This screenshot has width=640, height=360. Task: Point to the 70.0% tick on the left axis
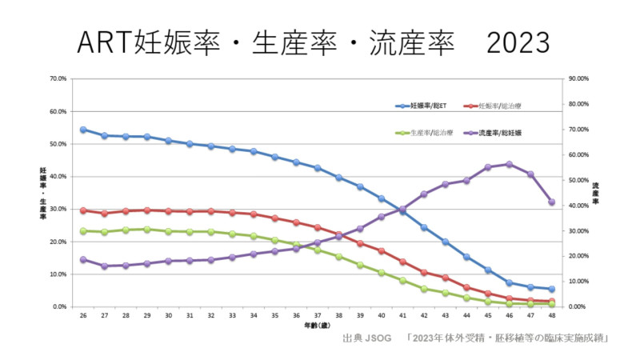(x=58, y=79)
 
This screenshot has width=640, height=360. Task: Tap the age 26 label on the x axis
(x=83, y=317)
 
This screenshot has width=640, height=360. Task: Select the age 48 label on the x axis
(x=552, y=317)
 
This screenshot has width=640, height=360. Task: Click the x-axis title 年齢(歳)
(x=318, y=326)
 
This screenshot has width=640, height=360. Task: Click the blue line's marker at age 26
(x=83, y=130)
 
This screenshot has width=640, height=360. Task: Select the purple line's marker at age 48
(x=552, y=202)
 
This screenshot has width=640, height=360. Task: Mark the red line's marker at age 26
(x=83, y=210)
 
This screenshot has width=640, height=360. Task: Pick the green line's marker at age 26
(x=83, y=230)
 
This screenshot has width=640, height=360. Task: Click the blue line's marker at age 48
(x=552, y=289)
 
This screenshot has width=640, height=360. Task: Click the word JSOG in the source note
(x=379, y=338)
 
